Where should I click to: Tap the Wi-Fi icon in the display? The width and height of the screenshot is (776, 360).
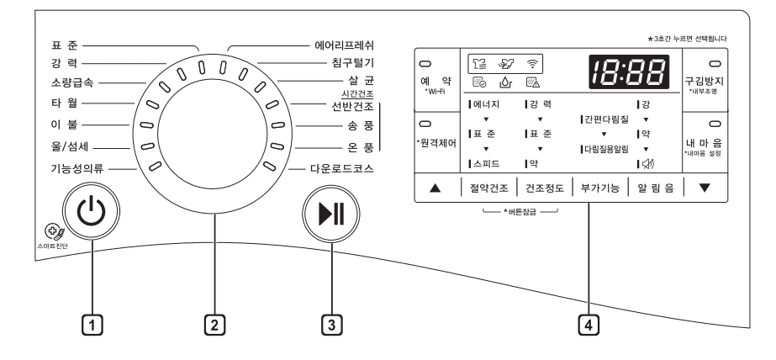(x=531, y=61)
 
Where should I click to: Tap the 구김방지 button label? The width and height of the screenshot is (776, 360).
(x=705, y=79)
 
